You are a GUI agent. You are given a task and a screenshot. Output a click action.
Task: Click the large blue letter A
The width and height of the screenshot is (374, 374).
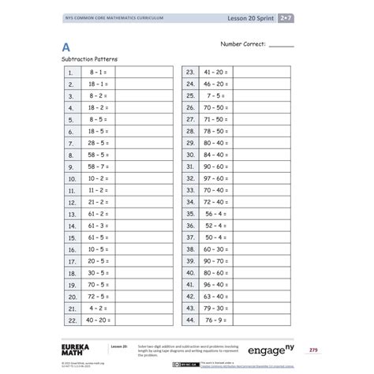[x=67, y=47]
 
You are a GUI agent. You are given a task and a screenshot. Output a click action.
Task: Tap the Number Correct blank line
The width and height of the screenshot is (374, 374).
[x=281, y=47]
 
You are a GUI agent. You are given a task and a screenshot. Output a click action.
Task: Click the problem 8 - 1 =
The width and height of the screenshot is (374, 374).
[x=97, y=71]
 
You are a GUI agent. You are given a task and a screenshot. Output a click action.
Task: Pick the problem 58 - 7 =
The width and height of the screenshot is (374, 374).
[x=97, y=166]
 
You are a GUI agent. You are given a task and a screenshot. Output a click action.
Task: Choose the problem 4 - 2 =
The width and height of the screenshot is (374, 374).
[x=97, y=309]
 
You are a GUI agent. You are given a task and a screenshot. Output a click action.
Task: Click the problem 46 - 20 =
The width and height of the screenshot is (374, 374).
[x=214, y=83]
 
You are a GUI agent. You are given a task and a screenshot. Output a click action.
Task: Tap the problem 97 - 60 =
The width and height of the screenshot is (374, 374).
[x=214, y=178]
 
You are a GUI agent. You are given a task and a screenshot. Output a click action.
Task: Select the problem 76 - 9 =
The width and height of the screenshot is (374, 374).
[x=214, y=320]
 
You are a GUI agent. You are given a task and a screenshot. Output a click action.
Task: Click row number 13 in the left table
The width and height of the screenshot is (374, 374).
[x=71, y=214]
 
